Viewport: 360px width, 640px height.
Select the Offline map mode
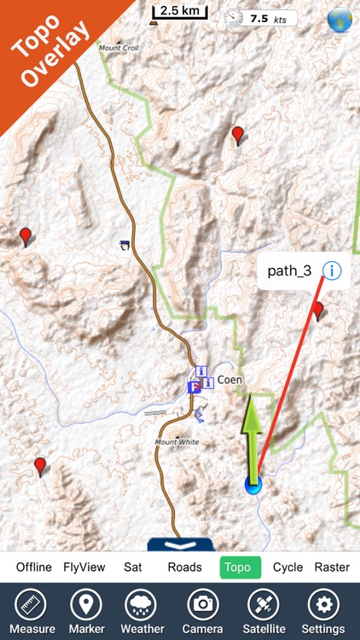click(34, 567)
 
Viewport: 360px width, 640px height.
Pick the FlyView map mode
click(84, 567)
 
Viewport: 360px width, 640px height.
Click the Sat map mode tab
click(132, 567)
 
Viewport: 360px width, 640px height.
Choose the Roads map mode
click(184, 567)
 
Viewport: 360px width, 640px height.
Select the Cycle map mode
click(288, 567)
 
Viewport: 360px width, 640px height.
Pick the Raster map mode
click(332, 567)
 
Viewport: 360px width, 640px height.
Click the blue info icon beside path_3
click(331, 271)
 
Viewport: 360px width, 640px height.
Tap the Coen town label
click(229, 380)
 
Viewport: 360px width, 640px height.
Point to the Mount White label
click(177, 442)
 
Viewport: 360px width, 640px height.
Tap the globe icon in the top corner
click(340, 18)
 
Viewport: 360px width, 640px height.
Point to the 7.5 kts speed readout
click(267, 17)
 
